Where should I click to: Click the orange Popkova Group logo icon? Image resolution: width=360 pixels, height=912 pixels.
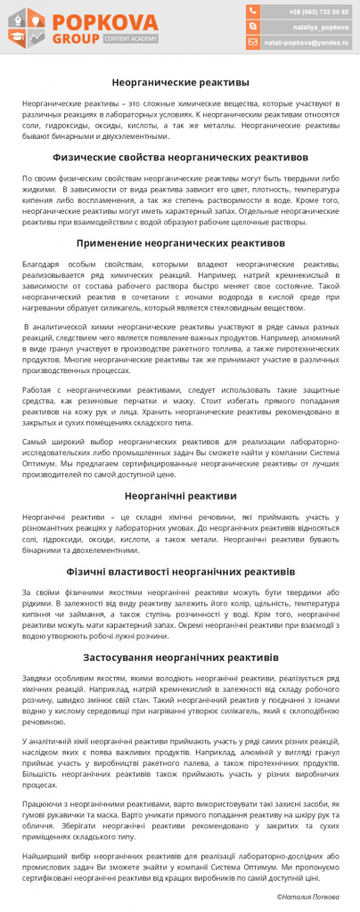(28, 28)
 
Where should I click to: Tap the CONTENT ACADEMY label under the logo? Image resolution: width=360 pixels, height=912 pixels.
(130, 40)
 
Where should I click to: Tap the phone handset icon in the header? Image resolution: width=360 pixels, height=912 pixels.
(253, 12)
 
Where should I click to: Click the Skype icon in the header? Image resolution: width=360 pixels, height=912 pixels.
(253, 27)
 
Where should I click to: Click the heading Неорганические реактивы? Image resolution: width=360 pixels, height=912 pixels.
(180, 82)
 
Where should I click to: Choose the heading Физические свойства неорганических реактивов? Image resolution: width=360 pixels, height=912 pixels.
(180, 157)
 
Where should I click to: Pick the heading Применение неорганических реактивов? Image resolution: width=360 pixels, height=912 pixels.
(180, 242)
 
